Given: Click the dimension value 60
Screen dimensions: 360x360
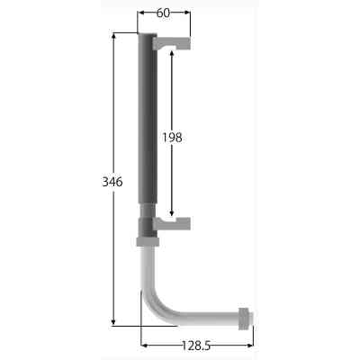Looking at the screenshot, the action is click(x=163, y=13).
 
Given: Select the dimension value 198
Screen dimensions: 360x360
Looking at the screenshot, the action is click(x=172, y=138).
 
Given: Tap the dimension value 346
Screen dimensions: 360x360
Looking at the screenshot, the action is click(x=112, y=182).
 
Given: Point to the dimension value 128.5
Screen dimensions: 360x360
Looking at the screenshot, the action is click(x=196, y=346).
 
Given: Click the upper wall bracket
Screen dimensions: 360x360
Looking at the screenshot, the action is click(x=172, y=43).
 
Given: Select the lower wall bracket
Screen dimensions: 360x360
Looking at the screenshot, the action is click(x=172, y=223).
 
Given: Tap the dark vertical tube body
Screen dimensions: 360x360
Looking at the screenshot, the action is click(x=148, y=119).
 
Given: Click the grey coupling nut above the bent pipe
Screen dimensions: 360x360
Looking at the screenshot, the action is click(x=148, y=241).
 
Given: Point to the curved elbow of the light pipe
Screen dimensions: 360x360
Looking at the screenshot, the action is click(x=155, y=304).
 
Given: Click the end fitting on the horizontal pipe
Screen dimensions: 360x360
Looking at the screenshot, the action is click(x=246, y=319).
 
